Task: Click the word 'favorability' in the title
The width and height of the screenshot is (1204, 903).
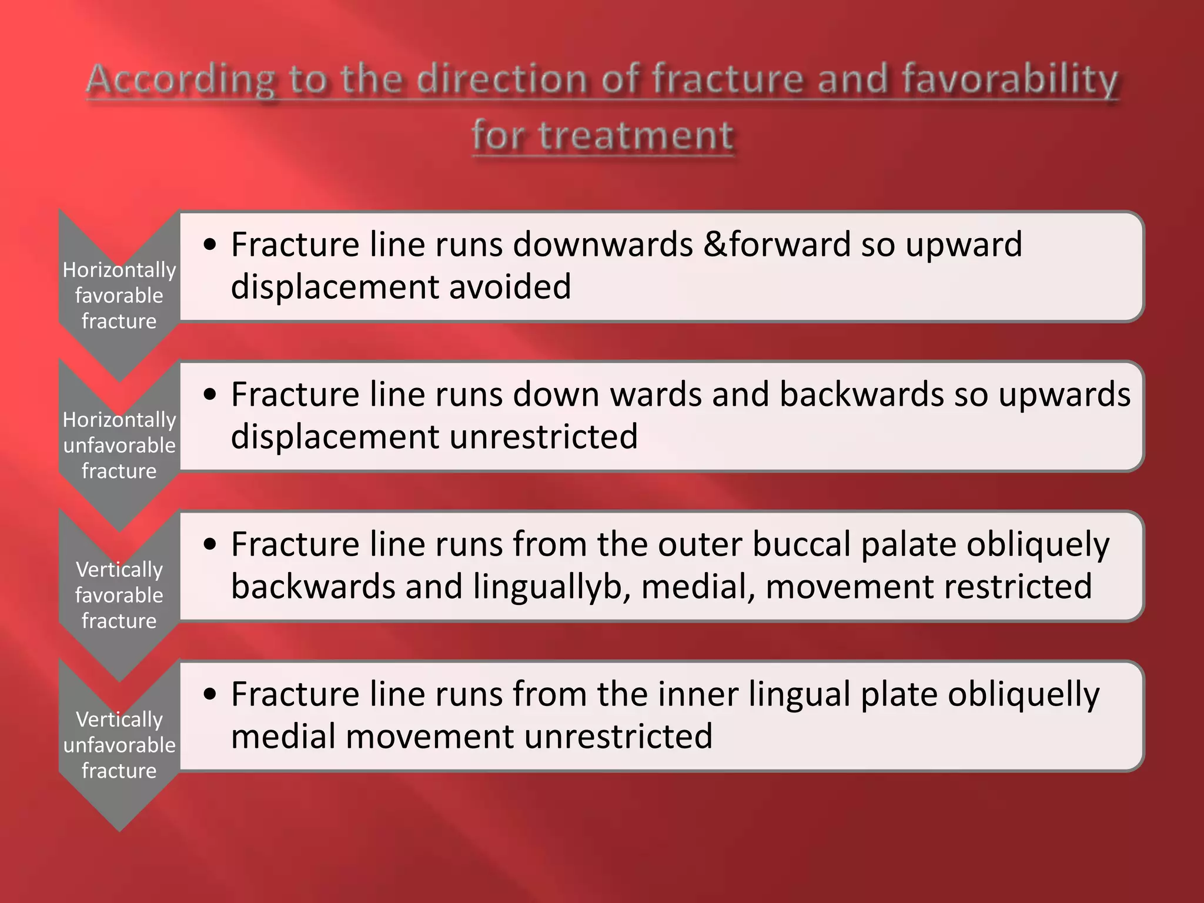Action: (x=1009, y=79)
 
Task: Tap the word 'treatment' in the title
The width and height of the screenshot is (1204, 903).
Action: (x=636, y=135)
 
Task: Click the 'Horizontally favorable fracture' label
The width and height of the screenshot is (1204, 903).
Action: (x=119, y=295)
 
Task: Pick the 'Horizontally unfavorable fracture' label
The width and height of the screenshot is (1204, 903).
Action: (x=119, y=445)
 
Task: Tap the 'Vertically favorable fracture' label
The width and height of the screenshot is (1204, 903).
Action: (x=119, y=595)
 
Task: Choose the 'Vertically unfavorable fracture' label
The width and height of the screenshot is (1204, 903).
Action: (x=119, y=745)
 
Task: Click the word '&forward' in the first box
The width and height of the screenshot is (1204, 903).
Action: (x=777, y=244)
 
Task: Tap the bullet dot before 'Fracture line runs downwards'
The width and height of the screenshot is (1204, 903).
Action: (x=210, y=245)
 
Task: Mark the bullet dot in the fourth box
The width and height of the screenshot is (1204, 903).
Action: (x=210, y=694)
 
